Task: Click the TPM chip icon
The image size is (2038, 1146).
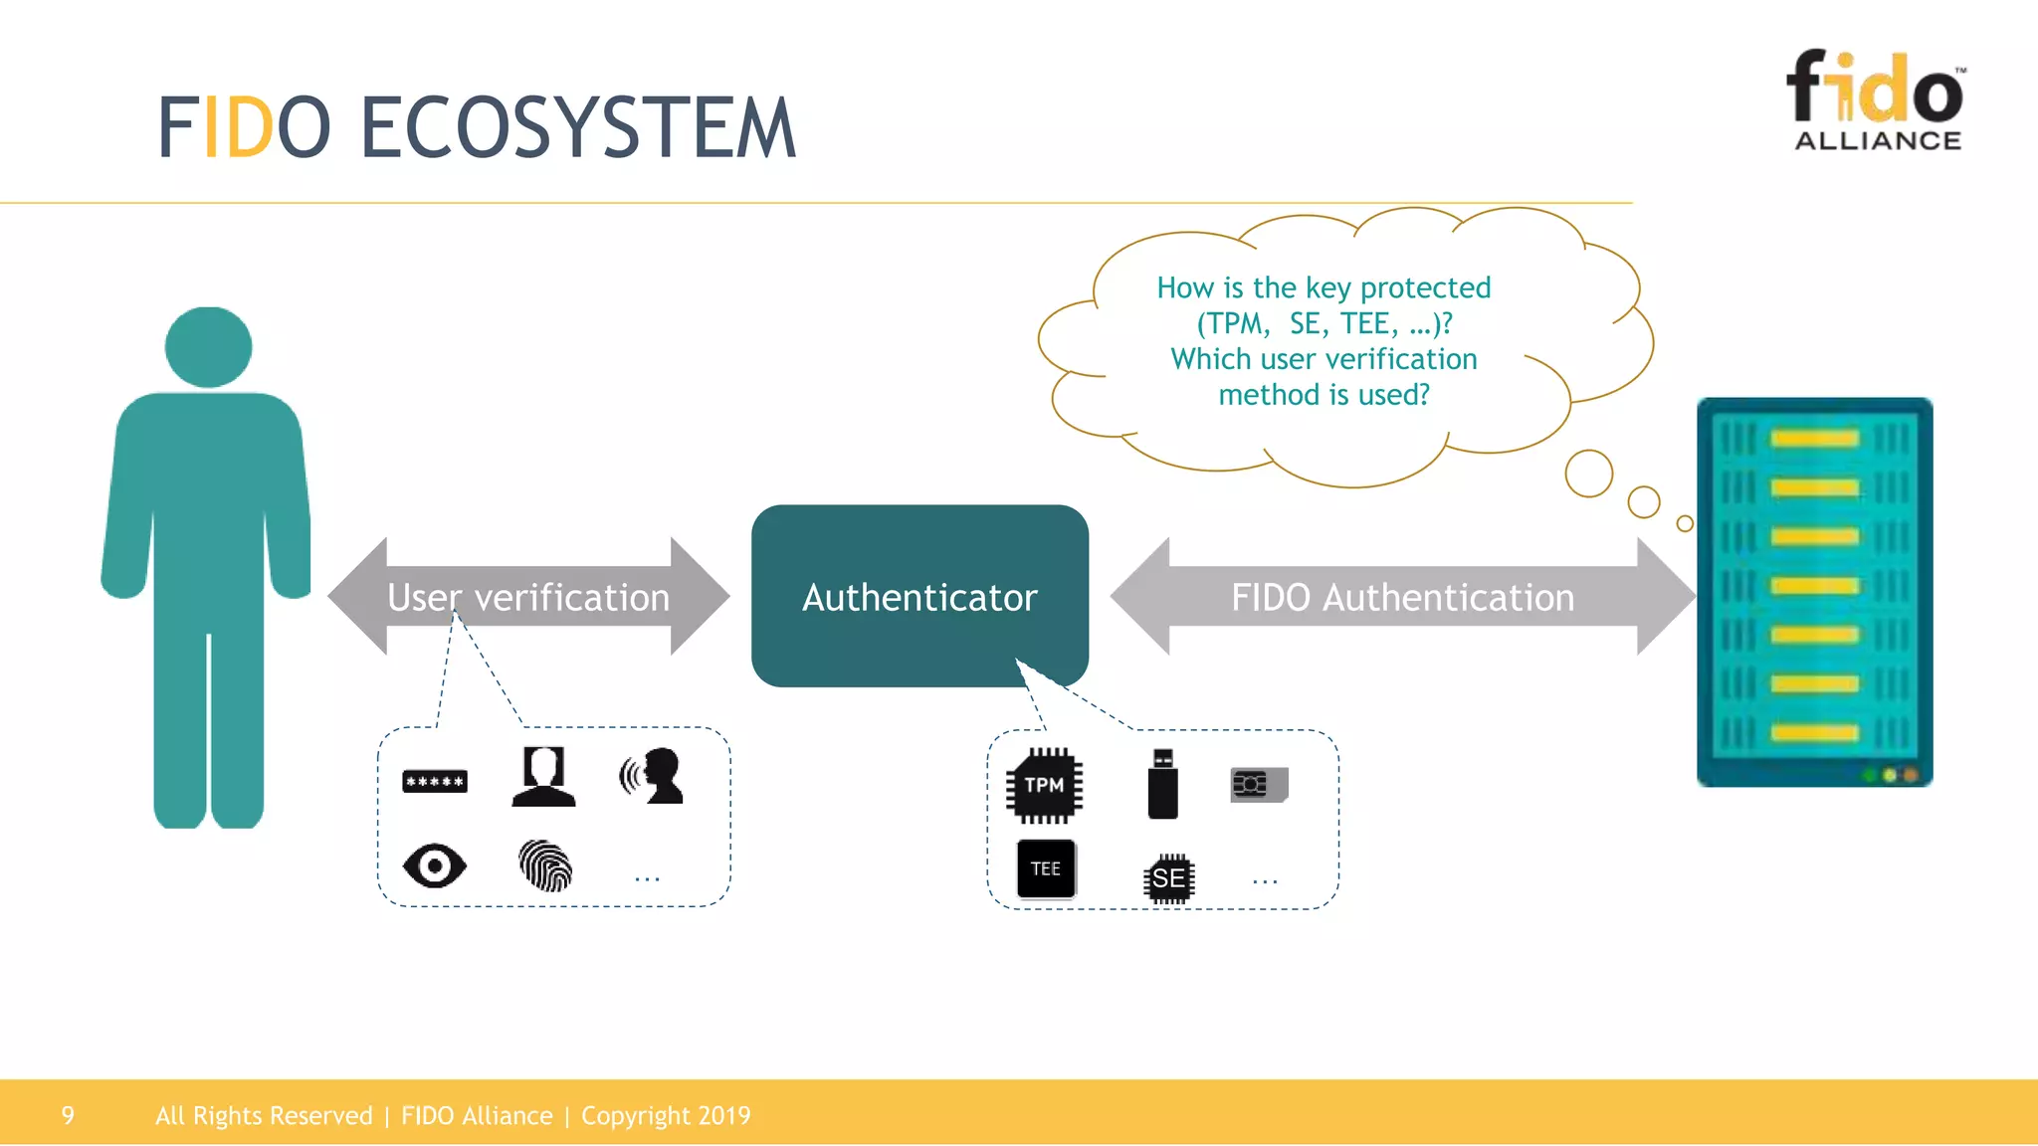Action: click(x=1044, y=786)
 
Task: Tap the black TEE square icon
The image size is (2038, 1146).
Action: click(x=1046, y=868)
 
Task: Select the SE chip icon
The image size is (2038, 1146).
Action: click(x=1168, y=878)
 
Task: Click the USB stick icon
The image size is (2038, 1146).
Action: click(x=1162, y=785)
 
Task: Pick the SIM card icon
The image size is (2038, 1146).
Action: click(x=1259, y=785)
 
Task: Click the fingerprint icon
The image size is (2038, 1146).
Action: click(x=545, y=865)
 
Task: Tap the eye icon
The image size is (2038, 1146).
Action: click(x=435, y=865)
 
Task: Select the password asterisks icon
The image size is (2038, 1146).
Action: click(x=435, y=782)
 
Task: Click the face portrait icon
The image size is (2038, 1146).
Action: click(x=543, y=776)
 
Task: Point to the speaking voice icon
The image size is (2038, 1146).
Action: click(x=653, y=776)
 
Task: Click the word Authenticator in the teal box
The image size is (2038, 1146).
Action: click(x=919, y=598)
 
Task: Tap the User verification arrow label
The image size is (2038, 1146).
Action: click(x=528, y=598)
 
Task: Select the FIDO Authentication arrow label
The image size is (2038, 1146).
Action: click(x=1402, y=598)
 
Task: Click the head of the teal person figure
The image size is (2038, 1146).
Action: click(x=208, y=346)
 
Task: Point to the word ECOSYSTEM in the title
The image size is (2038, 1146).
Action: click(x=577, y=128)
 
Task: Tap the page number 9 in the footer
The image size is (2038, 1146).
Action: click(x=68, y=1115)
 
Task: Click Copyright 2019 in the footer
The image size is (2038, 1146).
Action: click(x=666, y=1115)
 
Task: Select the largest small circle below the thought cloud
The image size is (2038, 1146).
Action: click(x=1588, y=474)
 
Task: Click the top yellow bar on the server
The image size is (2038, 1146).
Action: click(x=1814, y=439)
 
